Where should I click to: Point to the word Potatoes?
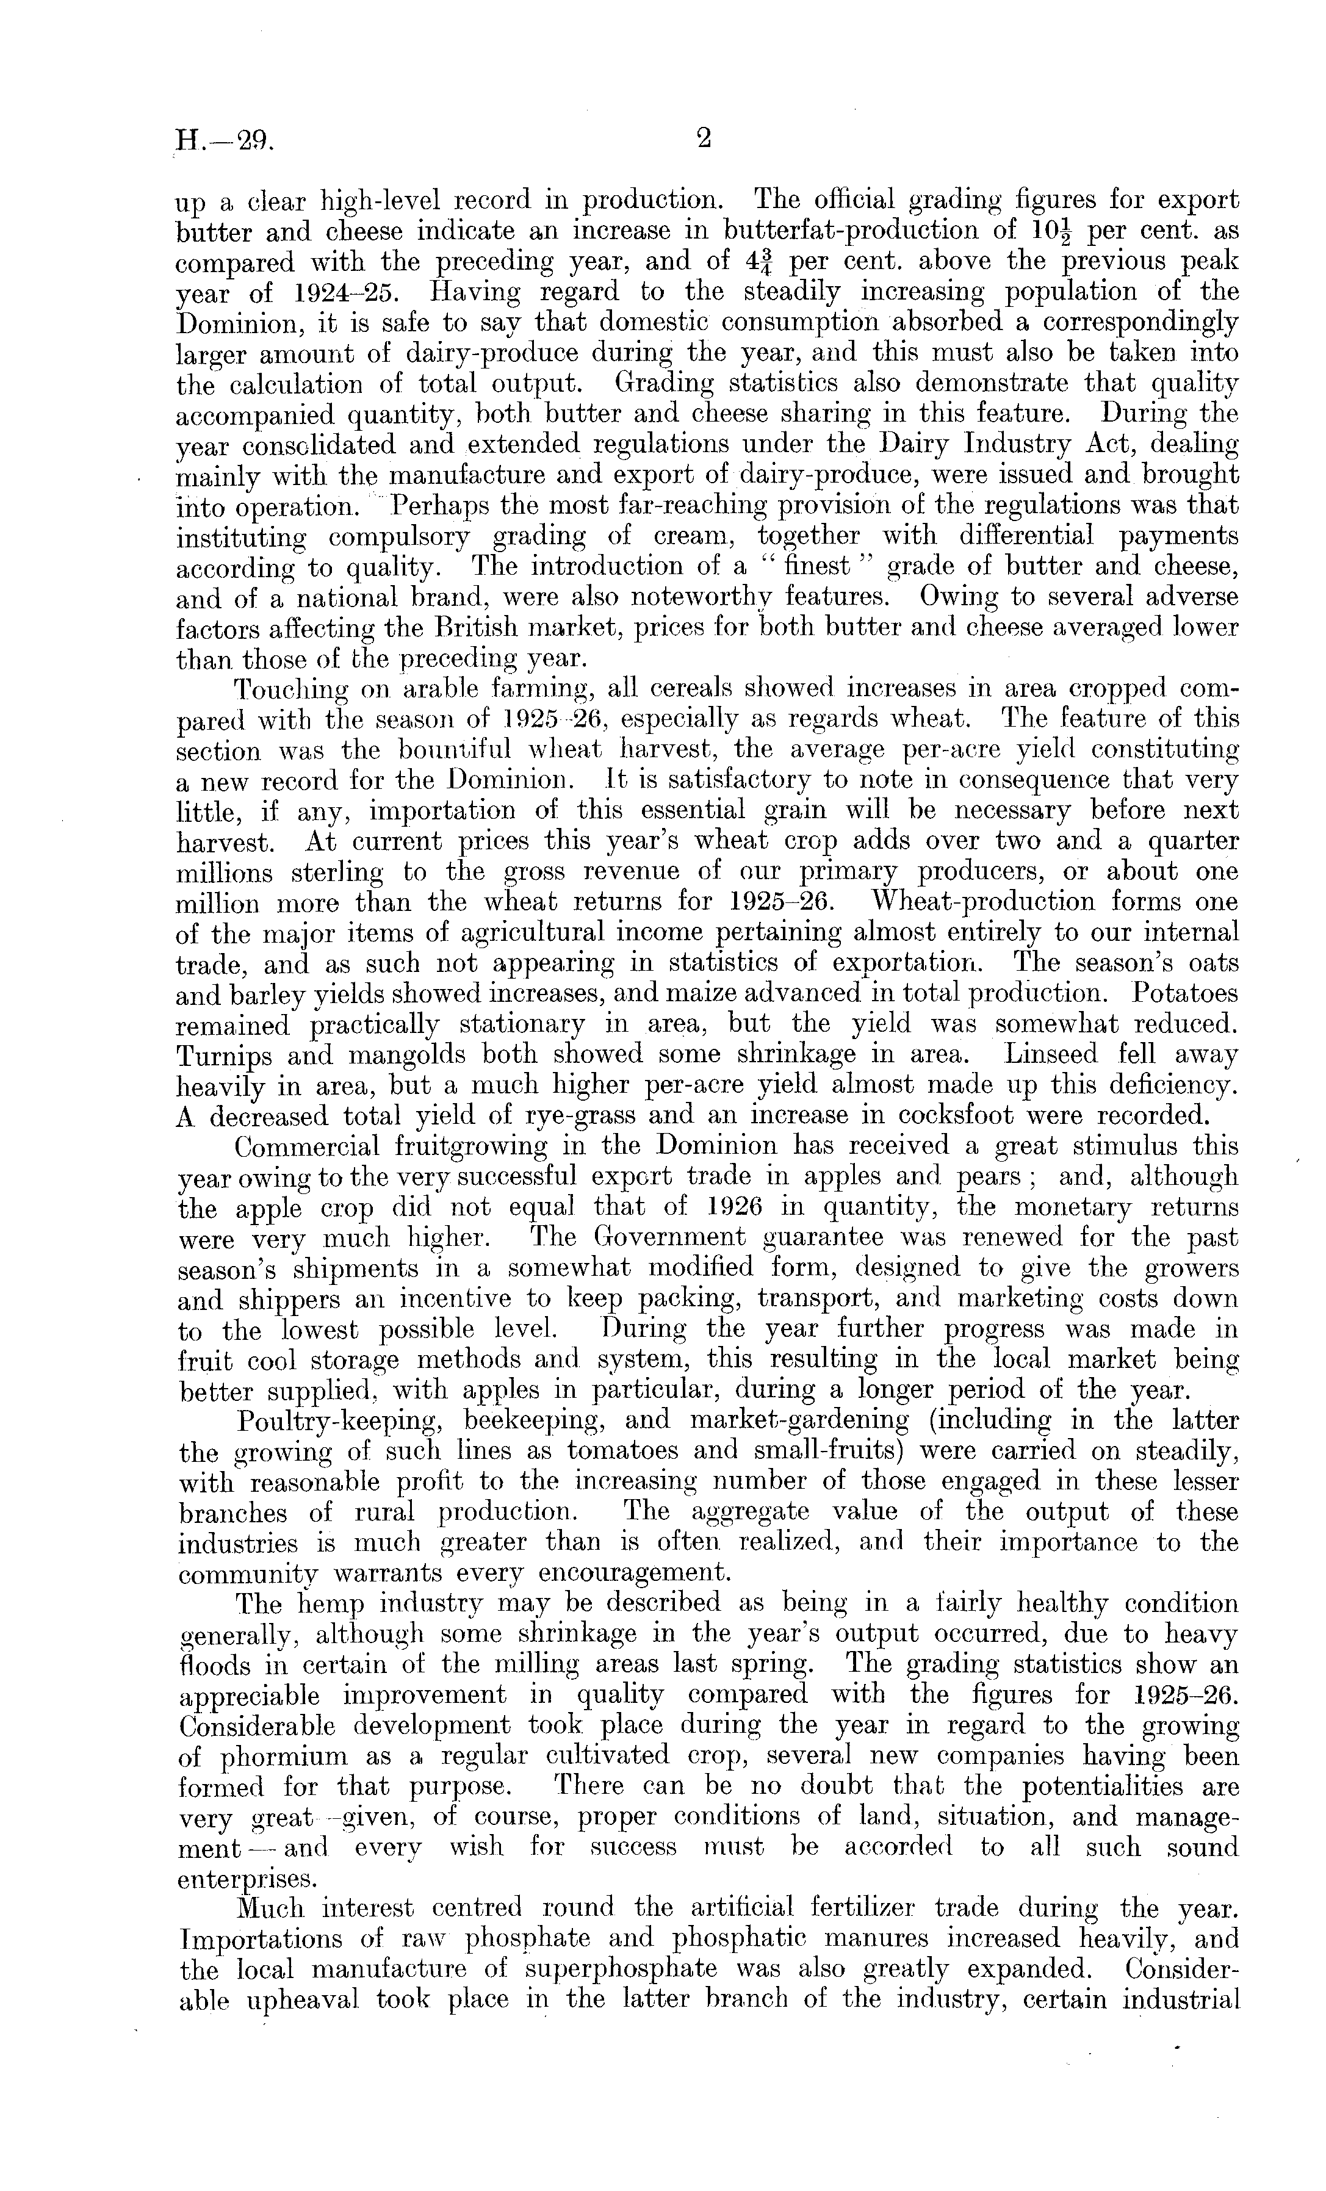click(1184, 993)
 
